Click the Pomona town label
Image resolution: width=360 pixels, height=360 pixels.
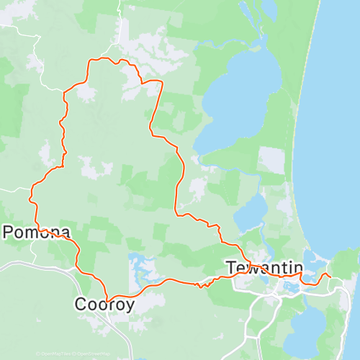click(37, 233)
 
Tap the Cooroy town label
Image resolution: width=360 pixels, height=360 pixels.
click(104, 305)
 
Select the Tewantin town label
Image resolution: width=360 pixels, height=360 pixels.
click(264, 268)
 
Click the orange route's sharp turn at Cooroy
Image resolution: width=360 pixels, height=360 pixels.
click(107, 298)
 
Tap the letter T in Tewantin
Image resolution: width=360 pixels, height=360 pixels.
click(231, 268)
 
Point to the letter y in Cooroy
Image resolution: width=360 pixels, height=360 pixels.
click(130, 307)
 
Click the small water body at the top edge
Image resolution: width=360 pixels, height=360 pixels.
click(269, 9)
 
